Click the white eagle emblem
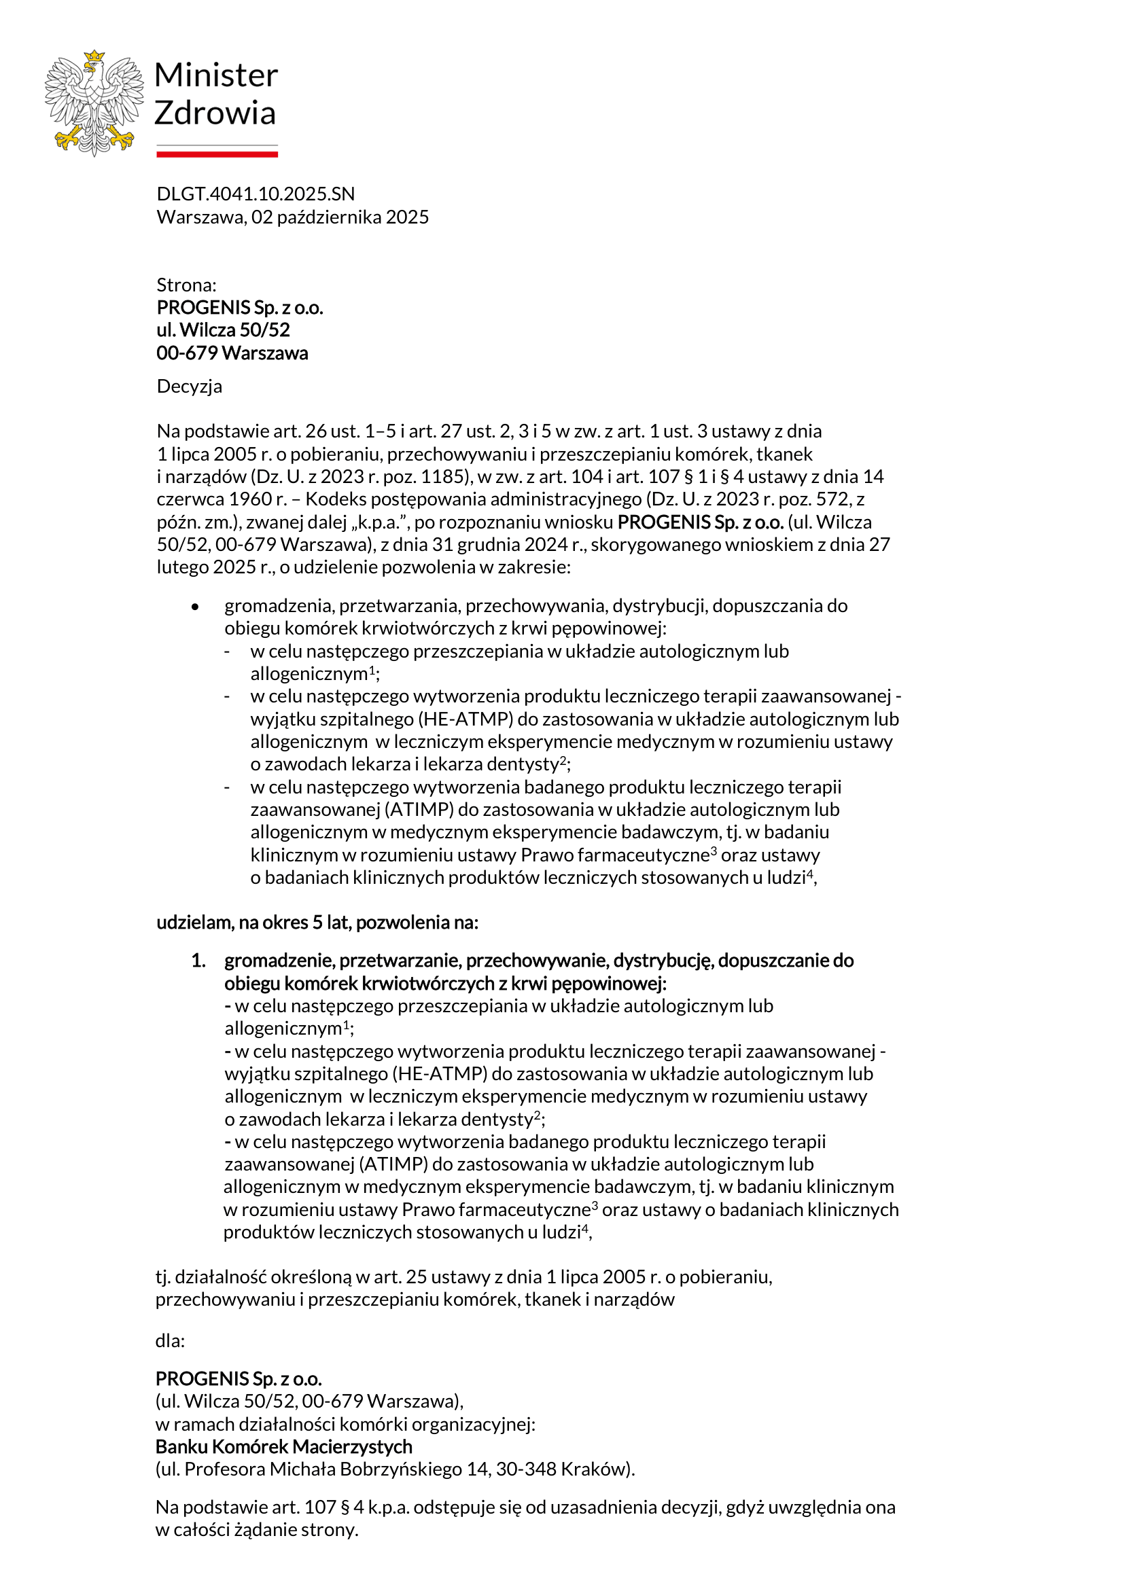pos(94,103)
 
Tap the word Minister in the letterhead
pos(216,75)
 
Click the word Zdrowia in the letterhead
pos(215,113)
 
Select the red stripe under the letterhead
pos(217,154)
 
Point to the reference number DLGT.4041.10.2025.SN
pos(256,194)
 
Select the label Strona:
pos(186,285)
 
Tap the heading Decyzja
pos(189,386)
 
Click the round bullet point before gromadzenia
pos(195,607)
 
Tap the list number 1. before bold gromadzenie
pos(198,961)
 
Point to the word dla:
pos(171,1341)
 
